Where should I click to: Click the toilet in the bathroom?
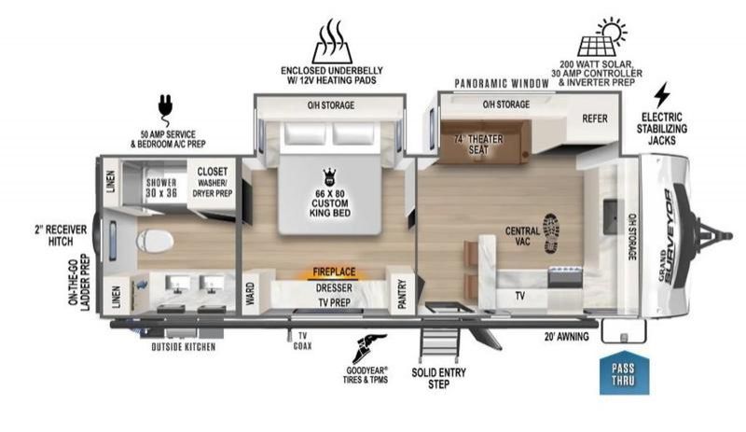[154, 242]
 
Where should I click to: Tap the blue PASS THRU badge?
[624, 373]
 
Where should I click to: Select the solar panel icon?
[601, 36]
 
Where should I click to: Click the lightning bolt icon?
[661, 95]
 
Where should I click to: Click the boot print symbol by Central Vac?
[550, 233]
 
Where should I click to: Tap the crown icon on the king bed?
[328, 177]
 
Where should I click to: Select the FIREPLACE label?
[334, 272]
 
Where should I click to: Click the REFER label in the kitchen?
[595, 118]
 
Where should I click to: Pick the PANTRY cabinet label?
[402, 294]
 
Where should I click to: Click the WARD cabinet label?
[250, 293]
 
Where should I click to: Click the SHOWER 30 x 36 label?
[161, 188]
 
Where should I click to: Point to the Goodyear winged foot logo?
[369, 348]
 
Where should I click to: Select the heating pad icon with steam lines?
[332, 41]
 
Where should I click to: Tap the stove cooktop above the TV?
[565, 277]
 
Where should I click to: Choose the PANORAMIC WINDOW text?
[502, 84]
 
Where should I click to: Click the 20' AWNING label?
[566, 336]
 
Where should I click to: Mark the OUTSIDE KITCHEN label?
[184, 347]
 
